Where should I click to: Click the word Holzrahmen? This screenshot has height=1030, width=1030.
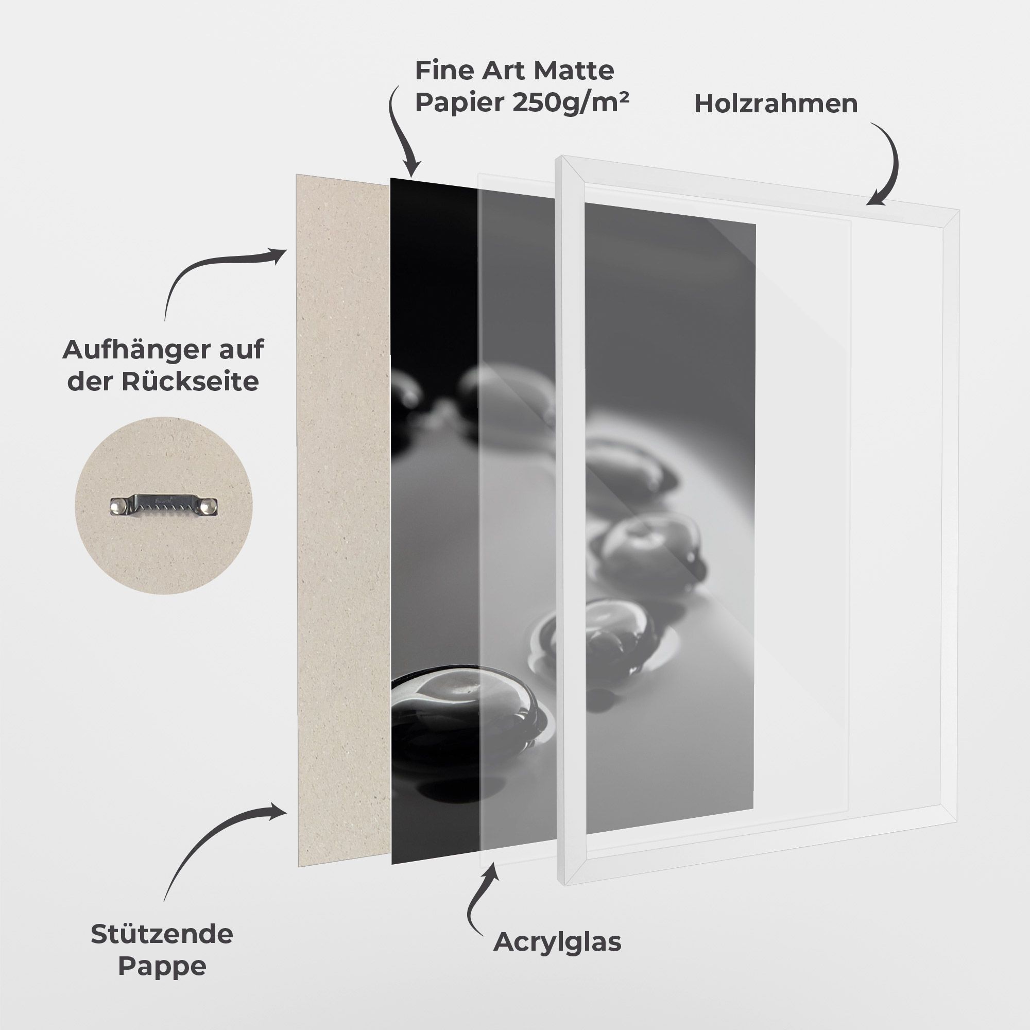coord(776,104)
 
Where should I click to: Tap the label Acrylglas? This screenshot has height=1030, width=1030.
coord(557,942)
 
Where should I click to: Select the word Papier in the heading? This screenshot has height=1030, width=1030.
coord(459,103)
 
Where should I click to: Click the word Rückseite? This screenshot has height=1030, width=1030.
coord(190,382)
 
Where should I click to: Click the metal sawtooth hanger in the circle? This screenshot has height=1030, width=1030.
coord(164,505)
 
